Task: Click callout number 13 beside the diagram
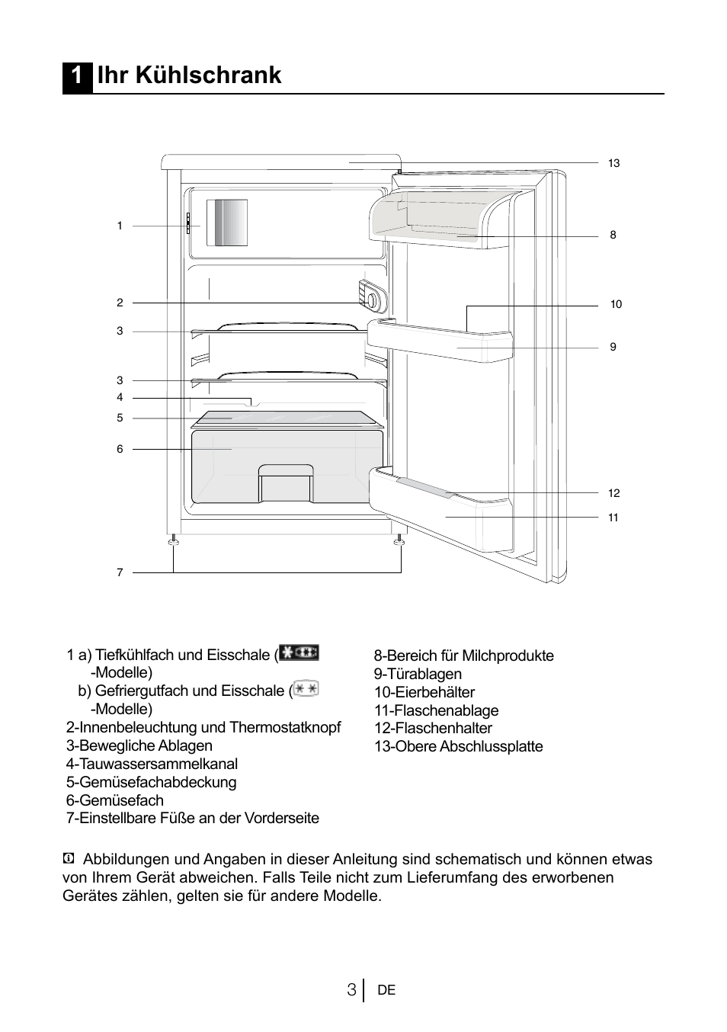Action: point(613,163)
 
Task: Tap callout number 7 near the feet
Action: point(120,572)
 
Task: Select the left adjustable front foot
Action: point(174,540)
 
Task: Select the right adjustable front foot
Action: point(399,540)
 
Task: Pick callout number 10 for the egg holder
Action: point(616,304)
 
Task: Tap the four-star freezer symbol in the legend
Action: point(299,653)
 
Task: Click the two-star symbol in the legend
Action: point(306,689)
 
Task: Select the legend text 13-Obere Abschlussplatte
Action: point(458,747)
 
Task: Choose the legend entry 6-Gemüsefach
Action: point(115,800)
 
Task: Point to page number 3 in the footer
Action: point(351,990)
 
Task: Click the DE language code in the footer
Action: point(386,991)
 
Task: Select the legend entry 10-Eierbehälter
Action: point(424,692)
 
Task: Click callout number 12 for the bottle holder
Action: point(613,493)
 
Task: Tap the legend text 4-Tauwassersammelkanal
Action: point(152,764)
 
